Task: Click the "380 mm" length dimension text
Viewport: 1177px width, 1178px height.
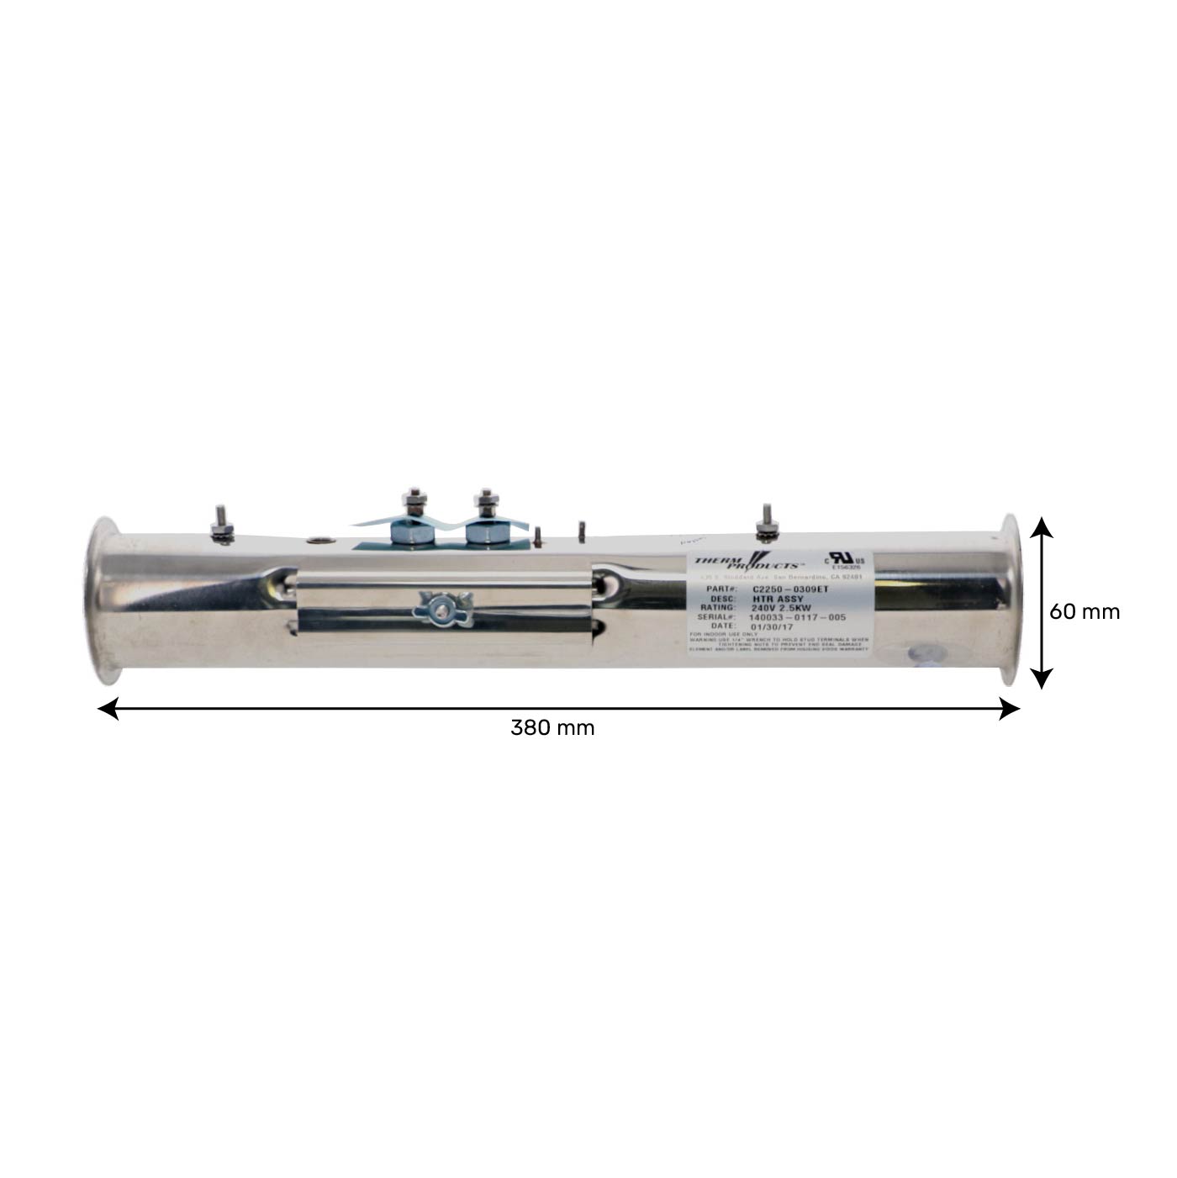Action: (x=552, y=727)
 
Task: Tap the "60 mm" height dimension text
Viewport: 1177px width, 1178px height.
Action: (x=1085, y=611)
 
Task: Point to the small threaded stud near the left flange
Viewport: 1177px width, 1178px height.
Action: (x=221, y=524)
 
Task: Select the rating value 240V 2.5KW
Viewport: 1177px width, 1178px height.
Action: (x=781, y=607)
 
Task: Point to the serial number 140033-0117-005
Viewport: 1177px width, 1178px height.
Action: (x=796, y=617)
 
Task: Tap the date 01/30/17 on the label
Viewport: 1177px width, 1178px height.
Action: (x=771, y=626)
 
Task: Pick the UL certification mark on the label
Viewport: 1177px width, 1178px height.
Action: (x=842, y=559)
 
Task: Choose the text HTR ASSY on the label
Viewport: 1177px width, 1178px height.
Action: (x=778, y=599)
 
